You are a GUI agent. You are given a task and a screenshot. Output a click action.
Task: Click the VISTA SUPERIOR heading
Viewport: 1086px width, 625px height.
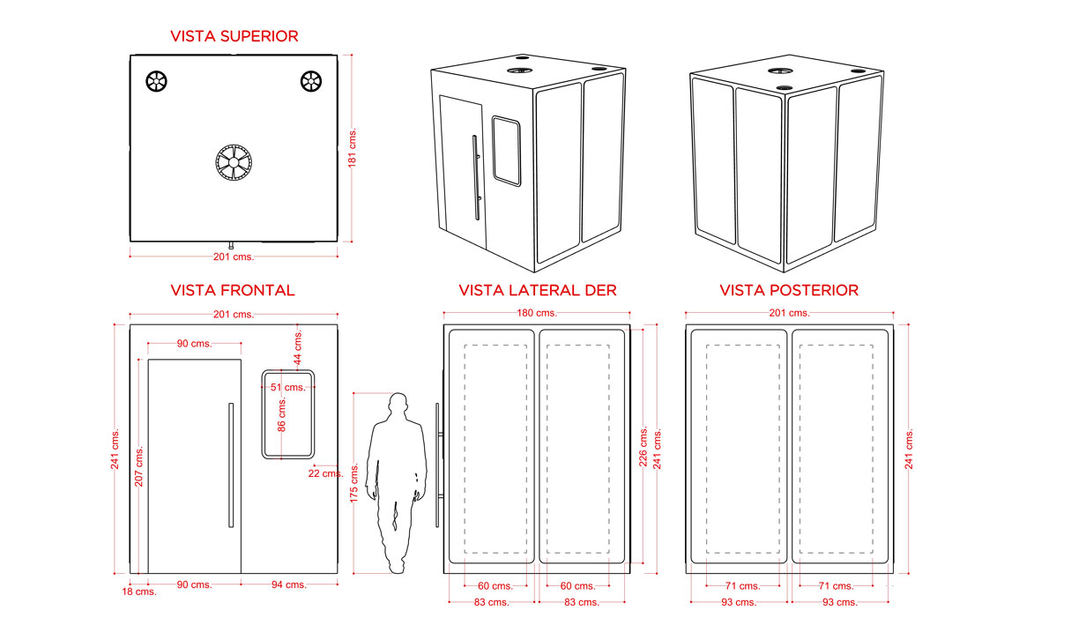pyautogui.click(x=234, y=36)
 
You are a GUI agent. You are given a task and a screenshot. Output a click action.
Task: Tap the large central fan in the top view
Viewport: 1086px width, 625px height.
pyautogui.click(x=234, y=162)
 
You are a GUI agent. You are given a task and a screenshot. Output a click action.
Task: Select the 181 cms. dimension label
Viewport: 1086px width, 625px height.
pyautogui.click(x=352, y=148)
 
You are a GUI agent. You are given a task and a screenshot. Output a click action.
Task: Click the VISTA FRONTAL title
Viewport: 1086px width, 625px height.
pyautogui.click(x=233, y=290)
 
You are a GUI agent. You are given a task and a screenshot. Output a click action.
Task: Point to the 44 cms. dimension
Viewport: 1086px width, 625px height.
pyautogui.click(x=298, y=347)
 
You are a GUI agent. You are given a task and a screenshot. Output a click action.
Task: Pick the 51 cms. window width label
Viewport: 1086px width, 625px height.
pyautogui.click(x=288, y=387)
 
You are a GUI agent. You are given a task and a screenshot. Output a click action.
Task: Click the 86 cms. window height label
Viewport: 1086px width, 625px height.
pyautogui.click(x=282, y=414)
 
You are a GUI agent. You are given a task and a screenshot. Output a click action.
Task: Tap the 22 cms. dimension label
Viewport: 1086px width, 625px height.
pyautogui.click(x=325, y=473)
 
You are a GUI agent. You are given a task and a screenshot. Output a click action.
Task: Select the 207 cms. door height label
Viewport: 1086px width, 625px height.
pyautogui.click(x=139, y=466)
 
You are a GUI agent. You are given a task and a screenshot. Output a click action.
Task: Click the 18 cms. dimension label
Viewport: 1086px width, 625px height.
pyautogui.click(x=139, y=592)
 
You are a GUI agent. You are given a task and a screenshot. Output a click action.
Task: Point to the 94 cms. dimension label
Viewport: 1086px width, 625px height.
pyautogui.click(x=289, y=584)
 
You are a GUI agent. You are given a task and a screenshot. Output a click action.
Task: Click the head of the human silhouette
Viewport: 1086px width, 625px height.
pyautogui.click(x=398, y=403)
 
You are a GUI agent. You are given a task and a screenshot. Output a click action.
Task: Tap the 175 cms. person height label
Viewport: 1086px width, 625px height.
pyautogui.click(x=354, y=483)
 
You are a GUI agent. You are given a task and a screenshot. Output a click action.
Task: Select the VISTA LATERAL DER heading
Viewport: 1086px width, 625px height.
pyautogui.click(x=538, y=290)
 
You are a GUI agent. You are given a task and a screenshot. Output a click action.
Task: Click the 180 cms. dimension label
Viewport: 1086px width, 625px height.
pyautogui.click(x=537, y=313)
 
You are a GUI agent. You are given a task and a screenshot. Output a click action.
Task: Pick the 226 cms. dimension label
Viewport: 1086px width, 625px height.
pyautogui.click(x=643, y=447)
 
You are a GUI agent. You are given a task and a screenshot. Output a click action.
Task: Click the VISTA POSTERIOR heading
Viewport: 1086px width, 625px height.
pyautogui.click(x=789, y=290)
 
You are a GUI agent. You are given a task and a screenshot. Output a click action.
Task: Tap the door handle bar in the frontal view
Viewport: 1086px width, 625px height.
pyautogui.click(x=231, y=465)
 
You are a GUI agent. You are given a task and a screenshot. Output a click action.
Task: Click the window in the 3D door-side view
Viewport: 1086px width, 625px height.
pyautogui.click(x=506, y=151)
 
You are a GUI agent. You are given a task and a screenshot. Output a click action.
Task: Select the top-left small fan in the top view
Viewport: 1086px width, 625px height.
pyautogui.click(x=157, y=81)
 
